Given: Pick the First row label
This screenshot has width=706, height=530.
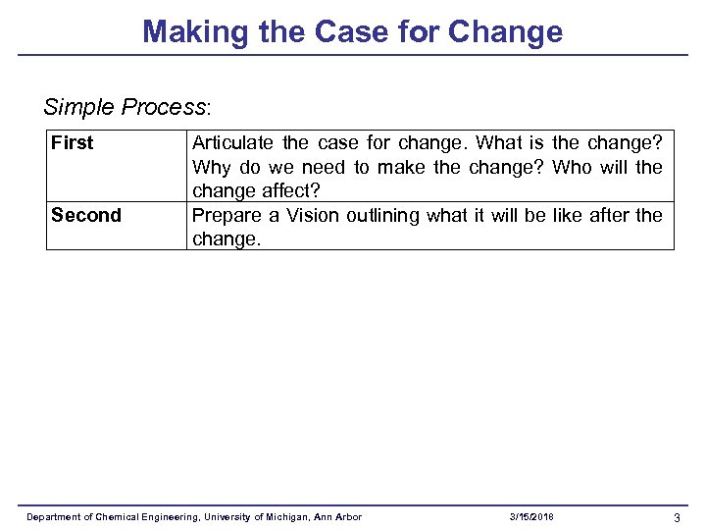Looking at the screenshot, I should (x=73, y=143).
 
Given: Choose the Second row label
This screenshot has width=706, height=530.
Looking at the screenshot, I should (x=86, y=215).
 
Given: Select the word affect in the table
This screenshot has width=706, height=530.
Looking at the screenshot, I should (x=291, y=191).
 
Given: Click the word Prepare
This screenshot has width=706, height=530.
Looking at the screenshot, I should (x=226, y=215).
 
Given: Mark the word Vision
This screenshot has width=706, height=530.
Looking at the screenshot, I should (x=311, y=215).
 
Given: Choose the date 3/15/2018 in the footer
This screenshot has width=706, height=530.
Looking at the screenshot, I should (x=531, y=517).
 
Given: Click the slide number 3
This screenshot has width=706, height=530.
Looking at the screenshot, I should (x=677, y=517).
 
